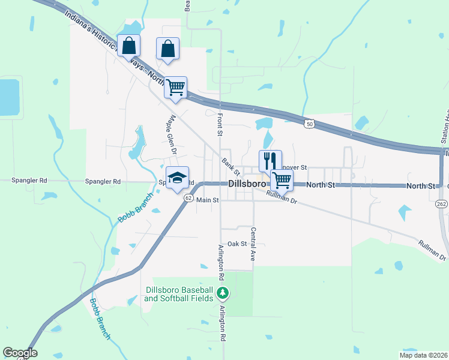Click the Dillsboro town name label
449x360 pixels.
(246, 184)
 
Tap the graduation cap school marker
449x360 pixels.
(177, 178)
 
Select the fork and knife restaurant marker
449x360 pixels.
(270, 160)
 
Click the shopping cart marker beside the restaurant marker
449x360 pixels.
(281, 179)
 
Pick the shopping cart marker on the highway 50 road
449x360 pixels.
(175, 87)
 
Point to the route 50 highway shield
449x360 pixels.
(309, 124)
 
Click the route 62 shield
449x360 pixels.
(188, 199)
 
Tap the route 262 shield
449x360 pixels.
(441, 203)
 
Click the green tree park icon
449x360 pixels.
(223, 293)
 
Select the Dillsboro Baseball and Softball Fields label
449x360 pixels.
(179, 293)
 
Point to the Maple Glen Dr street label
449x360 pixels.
(169, 132)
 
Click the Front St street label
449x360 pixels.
(220, 123)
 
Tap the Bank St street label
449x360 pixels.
(228, 163)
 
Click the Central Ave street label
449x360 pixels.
(253, 244)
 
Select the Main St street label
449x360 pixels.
(207, 200)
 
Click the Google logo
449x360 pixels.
(20, 353)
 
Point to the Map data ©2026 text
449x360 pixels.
(423, 355)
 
